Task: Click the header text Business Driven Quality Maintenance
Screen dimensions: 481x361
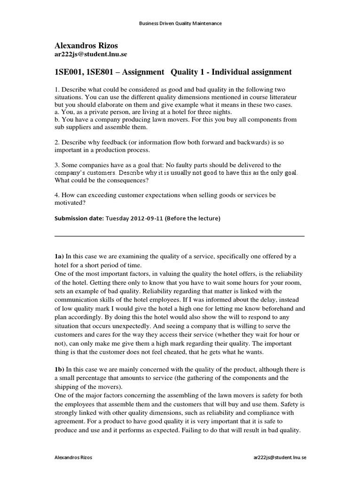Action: [x=180, y=23]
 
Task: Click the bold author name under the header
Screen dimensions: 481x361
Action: [x=86, y=46]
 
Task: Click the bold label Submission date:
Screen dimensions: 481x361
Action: [x=79, y=218]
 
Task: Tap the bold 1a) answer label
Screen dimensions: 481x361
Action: [x=59, y=256]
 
